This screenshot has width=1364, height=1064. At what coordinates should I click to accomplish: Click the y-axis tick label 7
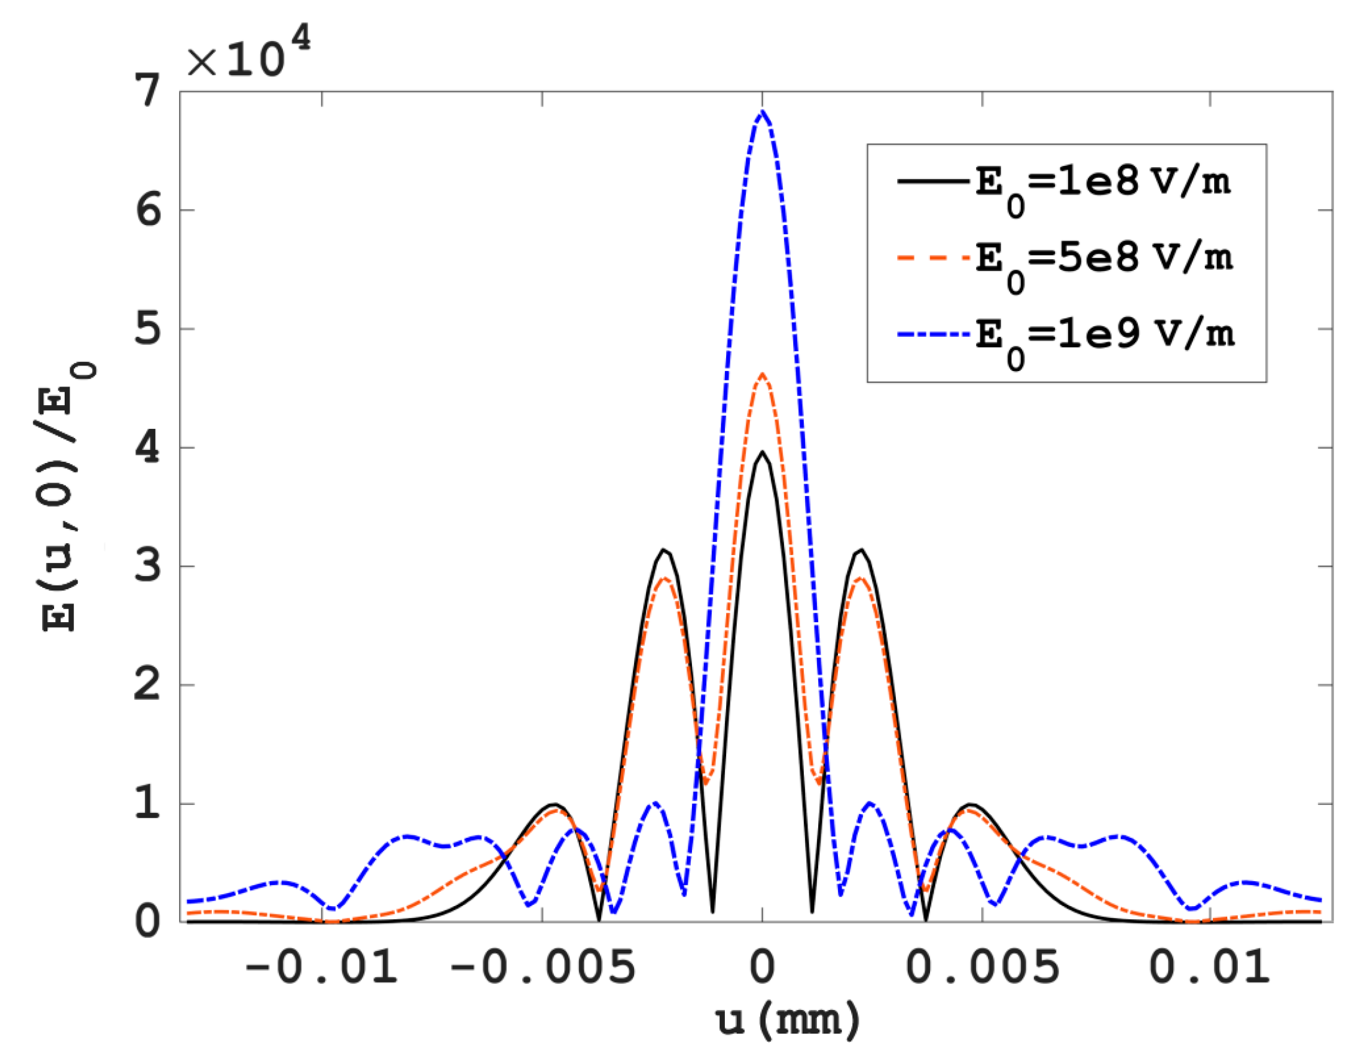coord(148,92)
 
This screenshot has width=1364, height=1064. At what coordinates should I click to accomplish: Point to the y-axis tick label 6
coord(148,211)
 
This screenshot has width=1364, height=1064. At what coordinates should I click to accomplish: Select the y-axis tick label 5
coord(148,329)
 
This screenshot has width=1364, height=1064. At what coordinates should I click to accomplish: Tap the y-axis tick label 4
coord(148,447)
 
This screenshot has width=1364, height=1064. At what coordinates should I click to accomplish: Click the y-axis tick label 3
coord(148,566)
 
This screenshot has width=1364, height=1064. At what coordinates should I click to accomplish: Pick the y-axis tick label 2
coord(148,685)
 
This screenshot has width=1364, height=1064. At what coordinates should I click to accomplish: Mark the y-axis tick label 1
coord(148,804)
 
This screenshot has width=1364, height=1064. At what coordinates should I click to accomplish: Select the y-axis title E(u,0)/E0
coord(67,497)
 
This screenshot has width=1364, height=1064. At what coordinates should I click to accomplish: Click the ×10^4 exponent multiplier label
coord(249,55)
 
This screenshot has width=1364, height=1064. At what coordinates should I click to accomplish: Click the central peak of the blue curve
coord(762,112)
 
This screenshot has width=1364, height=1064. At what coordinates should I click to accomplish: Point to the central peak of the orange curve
coord(762,374)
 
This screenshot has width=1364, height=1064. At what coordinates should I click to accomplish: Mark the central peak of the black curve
coord(762,452)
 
